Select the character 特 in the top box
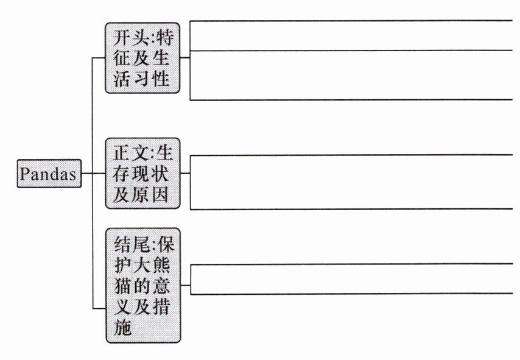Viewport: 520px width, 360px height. (x=164, y=38)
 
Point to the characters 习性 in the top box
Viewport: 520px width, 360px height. (x=152, y=79)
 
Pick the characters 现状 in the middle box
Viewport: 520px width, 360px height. (x=152, y=174)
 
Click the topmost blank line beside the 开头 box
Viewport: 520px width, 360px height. (x=350, y=20)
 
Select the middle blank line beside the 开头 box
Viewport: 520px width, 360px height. (x=350, y=51)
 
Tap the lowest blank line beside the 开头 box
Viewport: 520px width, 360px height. (x=350, y=99)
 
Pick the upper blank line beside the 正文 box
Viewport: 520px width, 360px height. (x=350, y=155)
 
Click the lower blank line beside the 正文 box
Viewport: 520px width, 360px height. (x=350, y=209)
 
